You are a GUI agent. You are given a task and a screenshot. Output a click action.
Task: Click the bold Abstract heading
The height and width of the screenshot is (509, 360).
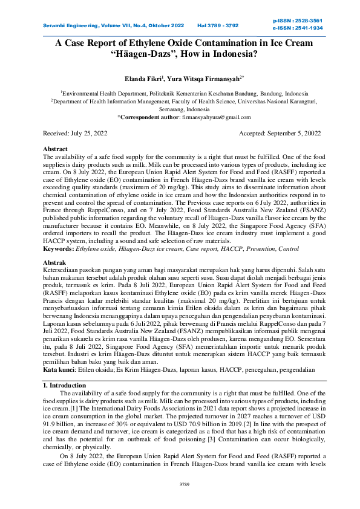pyautogui.click(x=56, y=148)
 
